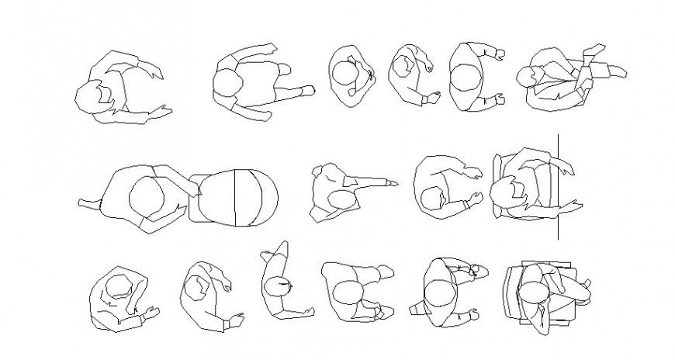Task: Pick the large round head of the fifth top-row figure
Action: point(465,78)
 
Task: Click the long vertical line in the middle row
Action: point(558,186)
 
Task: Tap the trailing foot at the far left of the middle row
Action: point(84,202)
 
